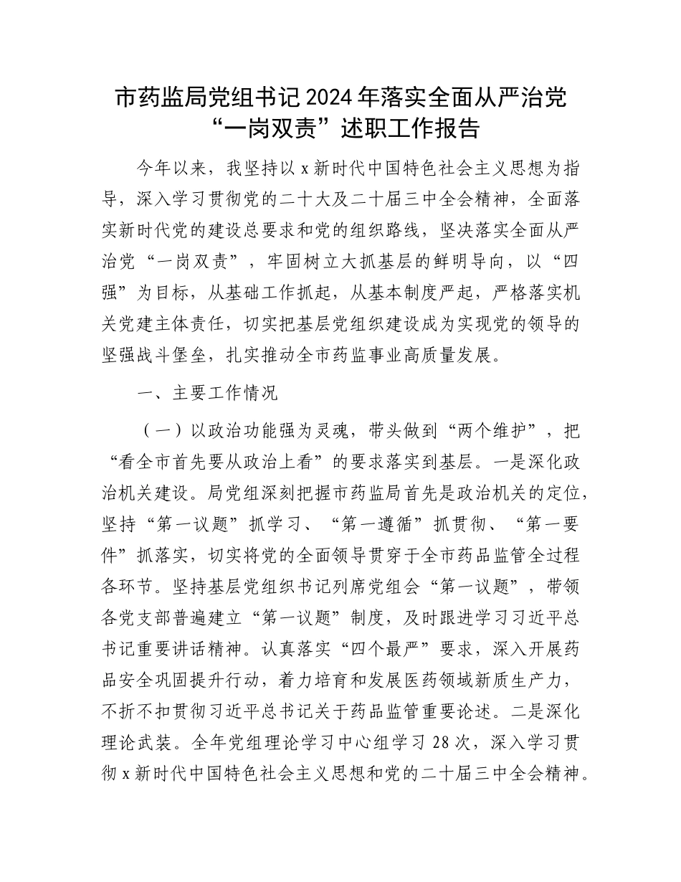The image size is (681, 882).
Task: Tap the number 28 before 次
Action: point(443,744)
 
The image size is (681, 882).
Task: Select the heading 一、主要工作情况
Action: point(206,393)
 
